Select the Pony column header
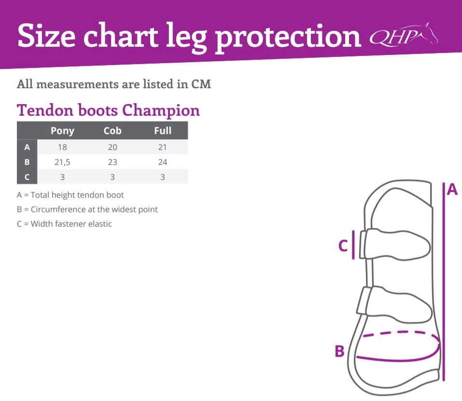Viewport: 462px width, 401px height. [62, 131]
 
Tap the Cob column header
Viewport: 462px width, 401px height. [112, 130]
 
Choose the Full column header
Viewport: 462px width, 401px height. [163, 130]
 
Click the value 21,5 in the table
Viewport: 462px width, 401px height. [62, 162]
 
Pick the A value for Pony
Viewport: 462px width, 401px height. [62, 147]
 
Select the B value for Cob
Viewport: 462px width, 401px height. [112, 162]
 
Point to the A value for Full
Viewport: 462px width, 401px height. [163, 147]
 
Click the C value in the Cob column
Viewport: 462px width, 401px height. [112, 177]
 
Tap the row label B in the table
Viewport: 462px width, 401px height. [27, 162]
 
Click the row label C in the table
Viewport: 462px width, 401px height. [27, 177]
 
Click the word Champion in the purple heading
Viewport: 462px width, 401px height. [161, 111]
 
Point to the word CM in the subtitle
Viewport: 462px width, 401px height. [201, 84]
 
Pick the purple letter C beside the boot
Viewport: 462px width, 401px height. [343, 246]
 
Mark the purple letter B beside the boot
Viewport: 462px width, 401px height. [340, 351]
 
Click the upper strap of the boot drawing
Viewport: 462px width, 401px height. [395, 244]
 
